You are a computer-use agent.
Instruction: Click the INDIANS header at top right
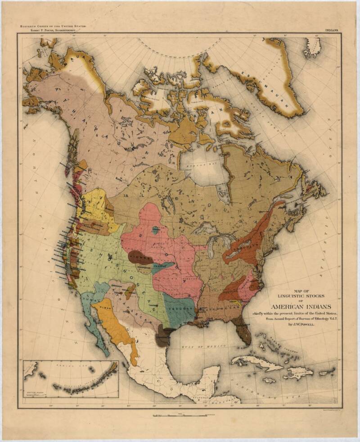coord(333,30)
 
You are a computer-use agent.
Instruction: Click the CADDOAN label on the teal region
coord(180,310)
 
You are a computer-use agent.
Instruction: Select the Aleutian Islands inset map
coord(71,379)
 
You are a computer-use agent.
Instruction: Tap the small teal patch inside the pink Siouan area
coord(156,230)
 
